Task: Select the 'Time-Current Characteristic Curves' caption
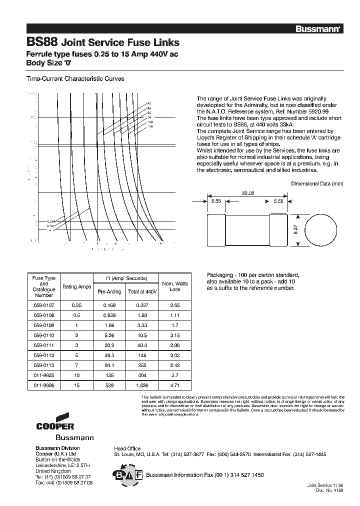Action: tap(75, 79)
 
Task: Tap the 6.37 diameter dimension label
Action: tap(295, 230)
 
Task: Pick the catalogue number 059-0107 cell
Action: tap(44, 304)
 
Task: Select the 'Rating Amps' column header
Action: tap(76, 286)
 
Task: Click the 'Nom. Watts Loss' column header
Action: tap(175, 286)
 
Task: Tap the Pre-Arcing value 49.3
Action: tap(109, 355)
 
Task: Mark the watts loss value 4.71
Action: tap(175, 385)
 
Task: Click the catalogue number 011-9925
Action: tap(44, 375)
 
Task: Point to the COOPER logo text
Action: tap(55, 426)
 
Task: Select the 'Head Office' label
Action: tap(127, 448)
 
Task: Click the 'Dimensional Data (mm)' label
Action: tap(317, 183)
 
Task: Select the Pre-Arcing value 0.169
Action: tap(109, 304)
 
